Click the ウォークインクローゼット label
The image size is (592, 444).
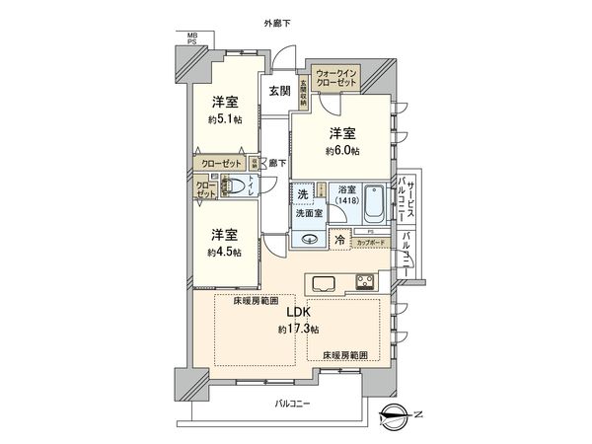pyautogui.click(x=335, y=79)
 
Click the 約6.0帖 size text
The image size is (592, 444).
pyautogui.click(x=344, y=151)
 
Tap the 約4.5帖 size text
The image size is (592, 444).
pyautogui.click(x=225, y=253)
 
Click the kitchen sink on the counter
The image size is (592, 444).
pyautogui.click(x=325, y=283)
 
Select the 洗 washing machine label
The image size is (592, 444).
pyautogui.click(x=304, y=193)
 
